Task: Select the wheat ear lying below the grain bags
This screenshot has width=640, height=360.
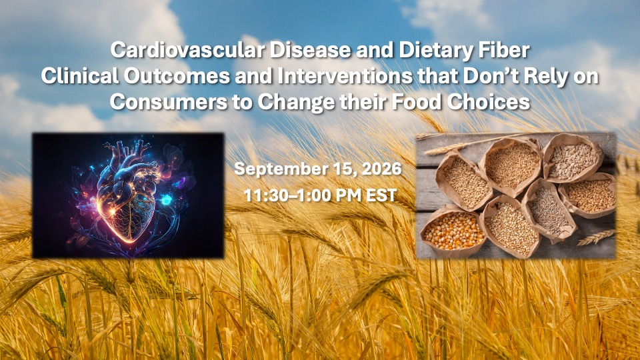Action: (595, 237)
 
